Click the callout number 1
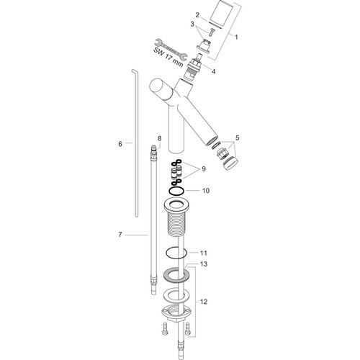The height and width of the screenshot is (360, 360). pos(236,37)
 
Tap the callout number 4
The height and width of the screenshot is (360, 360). pos(213,71)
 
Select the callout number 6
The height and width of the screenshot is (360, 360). pos(120,144)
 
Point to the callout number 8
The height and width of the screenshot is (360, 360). pos(160,138)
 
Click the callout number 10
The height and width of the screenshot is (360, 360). pos(206,191)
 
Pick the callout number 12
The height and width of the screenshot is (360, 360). pos(204,302)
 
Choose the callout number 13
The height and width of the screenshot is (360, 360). pos(204,264)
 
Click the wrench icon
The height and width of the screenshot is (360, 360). pos(171,50)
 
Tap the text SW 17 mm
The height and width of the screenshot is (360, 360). pos(168,57)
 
